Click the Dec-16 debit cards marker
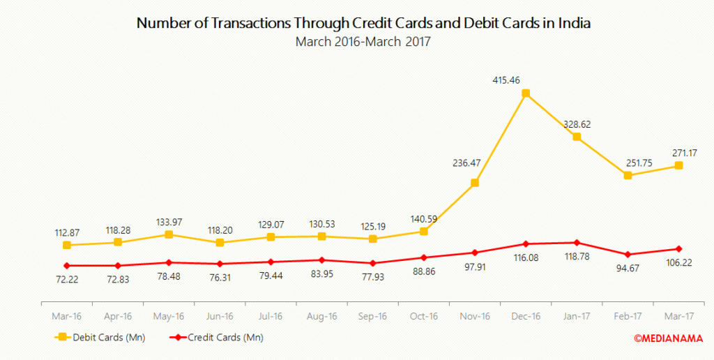point(526,93)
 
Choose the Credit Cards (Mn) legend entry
point(216,338)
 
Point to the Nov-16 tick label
point(475,316)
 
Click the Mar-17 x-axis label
point(679,316)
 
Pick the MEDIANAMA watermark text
point(668,338)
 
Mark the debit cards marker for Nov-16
point(475,183)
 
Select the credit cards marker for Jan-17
point(577,243)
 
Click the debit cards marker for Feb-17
point(628,176)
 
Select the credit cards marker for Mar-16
point(66,266)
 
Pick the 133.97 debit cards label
point(168,221)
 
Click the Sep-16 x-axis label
point(372,316)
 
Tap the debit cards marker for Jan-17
point(577,137)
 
